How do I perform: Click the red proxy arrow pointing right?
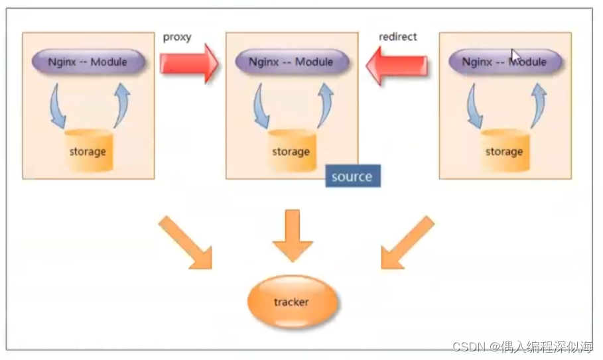pos(188,63)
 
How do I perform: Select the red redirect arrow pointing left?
pos(396,64)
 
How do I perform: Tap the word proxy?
pos(176,37)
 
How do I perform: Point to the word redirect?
pos(397,36)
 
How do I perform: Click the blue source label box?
pos(352,176)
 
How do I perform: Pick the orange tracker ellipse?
pos(292,302)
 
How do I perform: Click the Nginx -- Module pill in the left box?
pos(88,62)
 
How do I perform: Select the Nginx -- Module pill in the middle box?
pos(291,62)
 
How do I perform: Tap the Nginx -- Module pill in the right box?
pos(505,62)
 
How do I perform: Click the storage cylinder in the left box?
pos(88,151)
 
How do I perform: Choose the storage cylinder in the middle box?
pos(291,151)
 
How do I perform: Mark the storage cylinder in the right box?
pos(504,151)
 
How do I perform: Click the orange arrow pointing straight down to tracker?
pos(292,235)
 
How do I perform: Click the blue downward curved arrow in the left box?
pos(57,106)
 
